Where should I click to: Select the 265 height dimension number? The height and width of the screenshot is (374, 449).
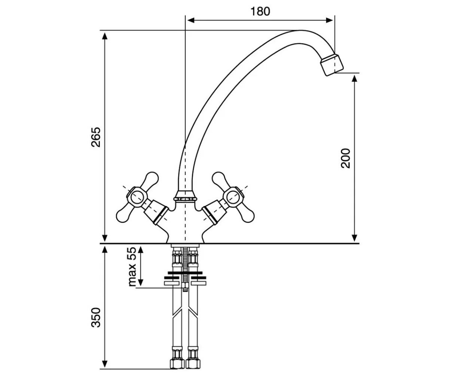[x=96, y=137]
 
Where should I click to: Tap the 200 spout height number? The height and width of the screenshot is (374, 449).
[x=346, y=158]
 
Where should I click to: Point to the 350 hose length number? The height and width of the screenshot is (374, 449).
[x=96, y=318]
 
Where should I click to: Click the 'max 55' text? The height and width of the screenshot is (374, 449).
[x=132, y=267]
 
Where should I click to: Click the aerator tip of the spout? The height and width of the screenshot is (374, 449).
[x=332, y=65]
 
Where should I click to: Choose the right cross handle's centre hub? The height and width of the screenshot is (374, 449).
[x=233, y=197]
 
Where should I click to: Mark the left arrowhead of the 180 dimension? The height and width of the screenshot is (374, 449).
[x=191, y=21]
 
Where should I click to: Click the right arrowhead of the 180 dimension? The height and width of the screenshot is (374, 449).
[x=329, y=21]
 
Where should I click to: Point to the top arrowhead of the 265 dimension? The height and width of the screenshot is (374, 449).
[x=104, y=36]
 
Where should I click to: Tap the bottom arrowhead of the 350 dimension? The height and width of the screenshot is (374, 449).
[x=104, y=365]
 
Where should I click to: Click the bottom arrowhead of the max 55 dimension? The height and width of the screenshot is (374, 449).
[x=141, y=282]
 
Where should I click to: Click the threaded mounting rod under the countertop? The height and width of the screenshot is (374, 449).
[x=185, y=269]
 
